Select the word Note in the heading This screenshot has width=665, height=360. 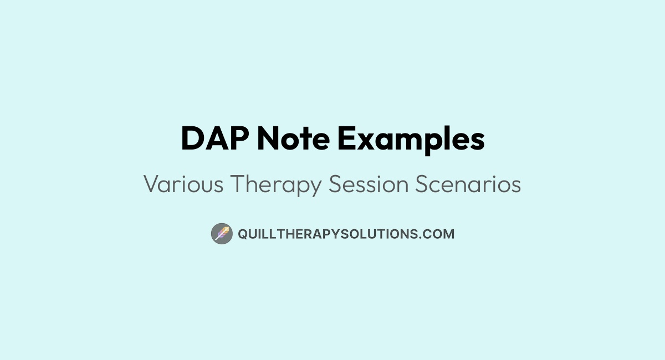tap(293, 139)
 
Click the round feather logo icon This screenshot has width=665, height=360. tap(222, 234)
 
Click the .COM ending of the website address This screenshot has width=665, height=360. tap(438, 234)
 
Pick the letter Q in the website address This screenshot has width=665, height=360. tap(242, 234)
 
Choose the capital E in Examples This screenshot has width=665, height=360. tap(346, 139)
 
